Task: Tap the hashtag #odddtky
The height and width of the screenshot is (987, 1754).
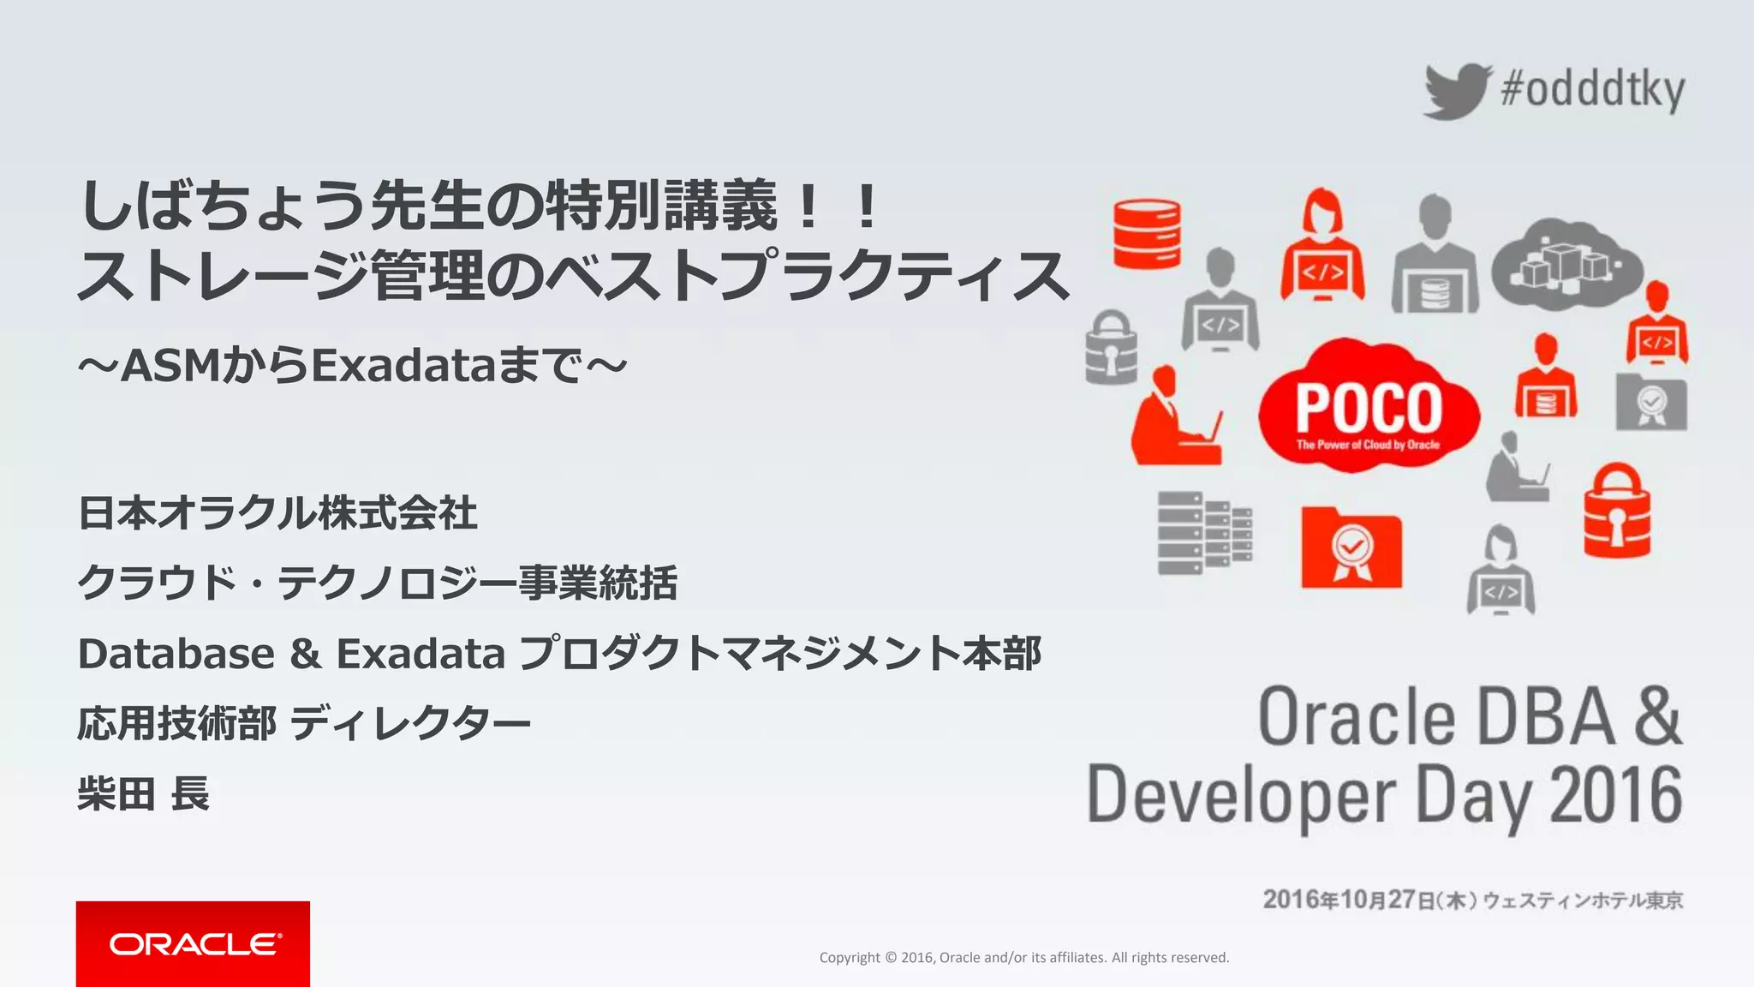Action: pos(1593,90)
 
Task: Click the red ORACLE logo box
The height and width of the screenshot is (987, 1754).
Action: pos(193,943)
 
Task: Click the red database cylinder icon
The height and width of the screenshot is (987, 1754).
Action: pos(1147,234)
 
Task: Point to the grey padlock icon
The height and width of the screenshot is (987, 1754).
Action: pos(1111,349)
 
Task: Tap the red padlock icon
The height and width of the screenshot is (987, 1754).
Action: pos(1616,512)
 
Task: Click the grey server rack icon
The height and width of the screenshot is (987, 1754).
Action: pos(1203,533)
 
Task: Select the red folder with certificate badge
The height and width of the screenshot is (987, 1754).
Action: pos(1351,548)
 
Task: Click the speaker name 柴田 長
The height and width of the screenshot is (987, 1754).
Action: pos(143,793)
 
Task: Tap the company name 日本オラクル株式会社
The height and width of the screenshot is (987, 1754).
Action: pos(277,513)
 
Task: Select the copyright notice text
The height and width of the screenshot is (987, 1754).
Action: pos(1023,957)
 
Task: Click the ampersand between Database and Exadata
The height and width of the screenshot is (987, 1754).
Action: pos(305,654)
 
